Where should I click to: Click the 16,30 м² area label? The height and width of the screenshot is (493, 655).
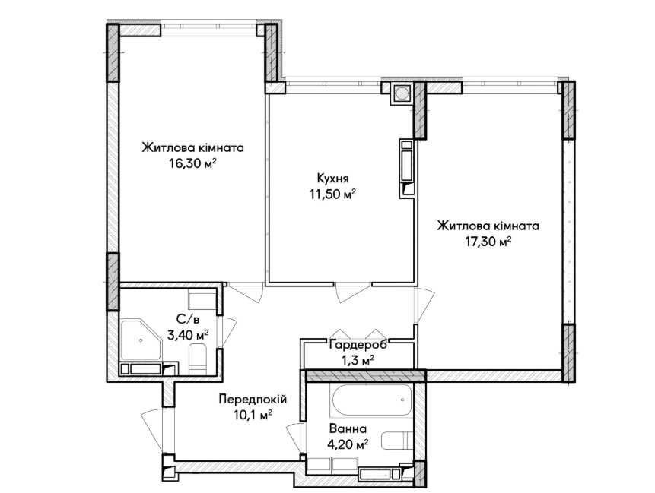point(192,163)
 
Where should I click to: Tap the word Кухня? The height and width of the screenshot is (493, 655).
point(332,179)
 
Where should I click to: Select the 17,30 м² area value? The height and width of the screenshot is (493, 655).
point(488,242)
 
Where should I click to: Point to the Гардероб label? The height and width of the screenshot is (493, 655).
point(358,345)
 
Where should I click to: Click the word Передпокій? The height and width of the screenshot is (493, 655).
point(253,399)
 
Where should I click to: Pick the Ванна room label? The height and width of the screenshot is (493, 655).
point(348,428)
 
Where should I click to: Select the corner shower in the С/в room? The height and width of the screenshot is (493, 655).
point(141,340)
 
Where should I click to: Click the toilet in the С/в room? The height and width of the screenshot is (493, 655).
point(198,359)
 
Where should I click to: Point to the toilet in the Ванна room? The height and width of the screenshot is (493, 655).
point(397,441)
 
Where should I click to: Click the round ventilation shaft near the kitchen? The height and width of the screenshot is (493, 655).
point(402,93)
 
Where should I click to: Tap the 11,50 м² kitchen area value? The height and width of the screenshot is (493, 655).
point(332,194)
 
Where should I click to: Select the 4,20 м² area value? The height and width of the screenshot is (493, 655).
point(348,444)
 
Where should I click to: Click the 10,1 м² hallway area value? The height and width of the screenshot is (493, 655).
point(252,415)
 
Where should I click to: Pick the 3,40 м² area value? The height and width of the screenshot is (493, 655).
point(188,335)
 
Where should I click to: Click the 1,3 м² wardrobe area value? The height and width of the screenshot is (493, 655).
point(358,360)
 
